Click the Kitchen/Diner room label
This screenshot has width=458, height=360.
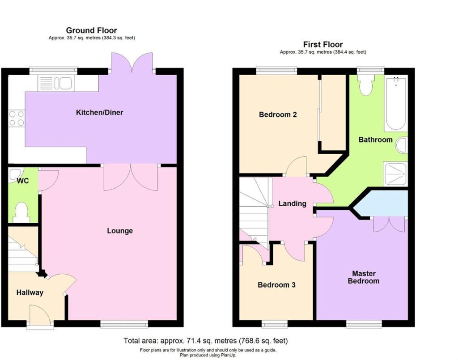(99, 112)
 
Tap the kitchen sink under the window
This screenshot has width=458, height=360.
(55, 83)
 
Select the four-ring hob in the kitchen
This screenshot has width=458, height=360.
(16, 118)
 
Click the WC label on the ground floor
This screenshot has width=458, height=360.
(23, 181)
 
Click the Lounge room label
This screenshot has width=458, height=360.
(120, 231)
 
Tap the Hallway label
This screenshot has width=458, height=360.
(30, 292)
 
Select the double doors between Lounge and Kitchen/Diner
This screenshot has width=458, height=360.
(131, 178)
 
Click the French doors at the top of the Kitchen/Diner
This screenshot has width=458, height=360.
(132, 63)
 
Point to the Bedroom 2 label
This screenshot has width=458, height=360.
(278, 114)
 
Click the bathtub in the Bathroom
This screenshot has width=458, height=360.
(396, 103)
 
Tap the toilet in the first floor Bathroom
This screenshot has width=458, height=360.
(367, 85)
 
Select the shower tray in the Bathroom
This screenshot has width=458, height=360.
(395, 174)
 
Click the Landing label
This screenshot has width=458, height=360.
(293, 203)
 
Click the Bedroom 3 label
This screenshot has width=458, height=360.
(276, 285)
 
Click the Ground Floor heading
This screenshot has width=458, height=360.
(91, 30)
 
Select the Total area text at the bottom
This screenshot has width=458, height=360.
(206, 341)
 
